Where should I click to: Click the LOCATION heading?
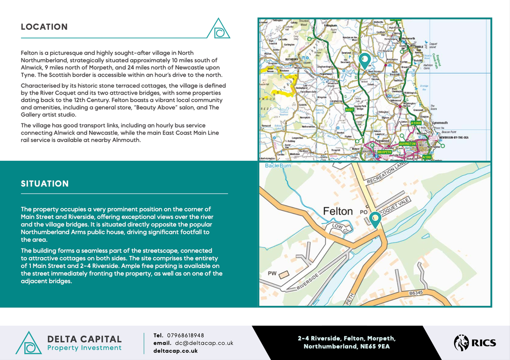[44, 27]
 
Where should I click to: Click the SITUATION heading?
[45, 184]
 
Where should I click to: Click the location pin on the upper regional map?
[365, 60]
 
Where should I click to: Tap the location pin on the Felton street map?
[375, 220]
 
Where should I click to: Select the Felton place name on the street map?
[338, 211]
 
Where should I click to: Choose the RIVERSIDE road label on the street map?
[307, 281]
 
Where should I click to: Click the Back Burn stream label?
[277, 165]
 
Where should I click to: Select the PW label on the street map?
[272, 273]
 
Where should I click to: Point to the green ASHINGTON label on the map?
[407, 143]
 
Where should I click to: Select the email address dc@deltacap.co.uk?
[204, 343]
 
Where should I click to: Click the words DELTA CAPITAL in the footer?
[84, 339]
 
